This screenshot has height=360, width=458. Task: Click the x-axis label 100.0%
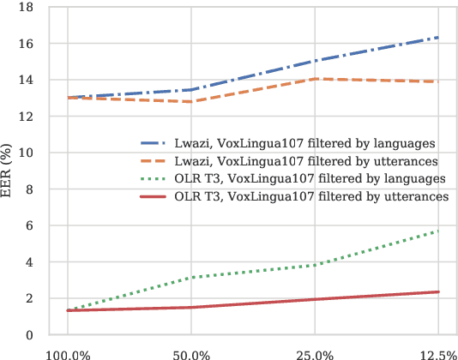(x=68, y=353)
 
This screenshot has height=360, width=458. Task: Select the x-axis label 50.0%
(x=191, y=353)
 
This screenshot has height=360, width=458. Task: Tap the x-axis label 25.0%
(x=315, y=353)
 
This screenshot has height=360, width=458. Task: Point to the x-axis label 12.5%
(x=437, y=353)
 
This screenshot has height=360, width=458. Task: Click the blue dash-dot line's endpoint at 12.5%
(x=438, y=38)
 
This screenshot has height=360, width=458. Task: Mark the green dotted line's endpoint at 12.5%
(x=438, y=231)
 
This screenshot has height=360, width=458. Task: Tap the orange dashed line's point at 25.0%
(x=315, y=79)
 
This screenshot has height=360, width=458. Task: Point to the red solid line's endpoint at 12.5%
(x=438, y=292)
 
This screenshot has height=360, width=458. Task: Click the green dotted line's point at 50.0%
(x=191, y=278)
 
